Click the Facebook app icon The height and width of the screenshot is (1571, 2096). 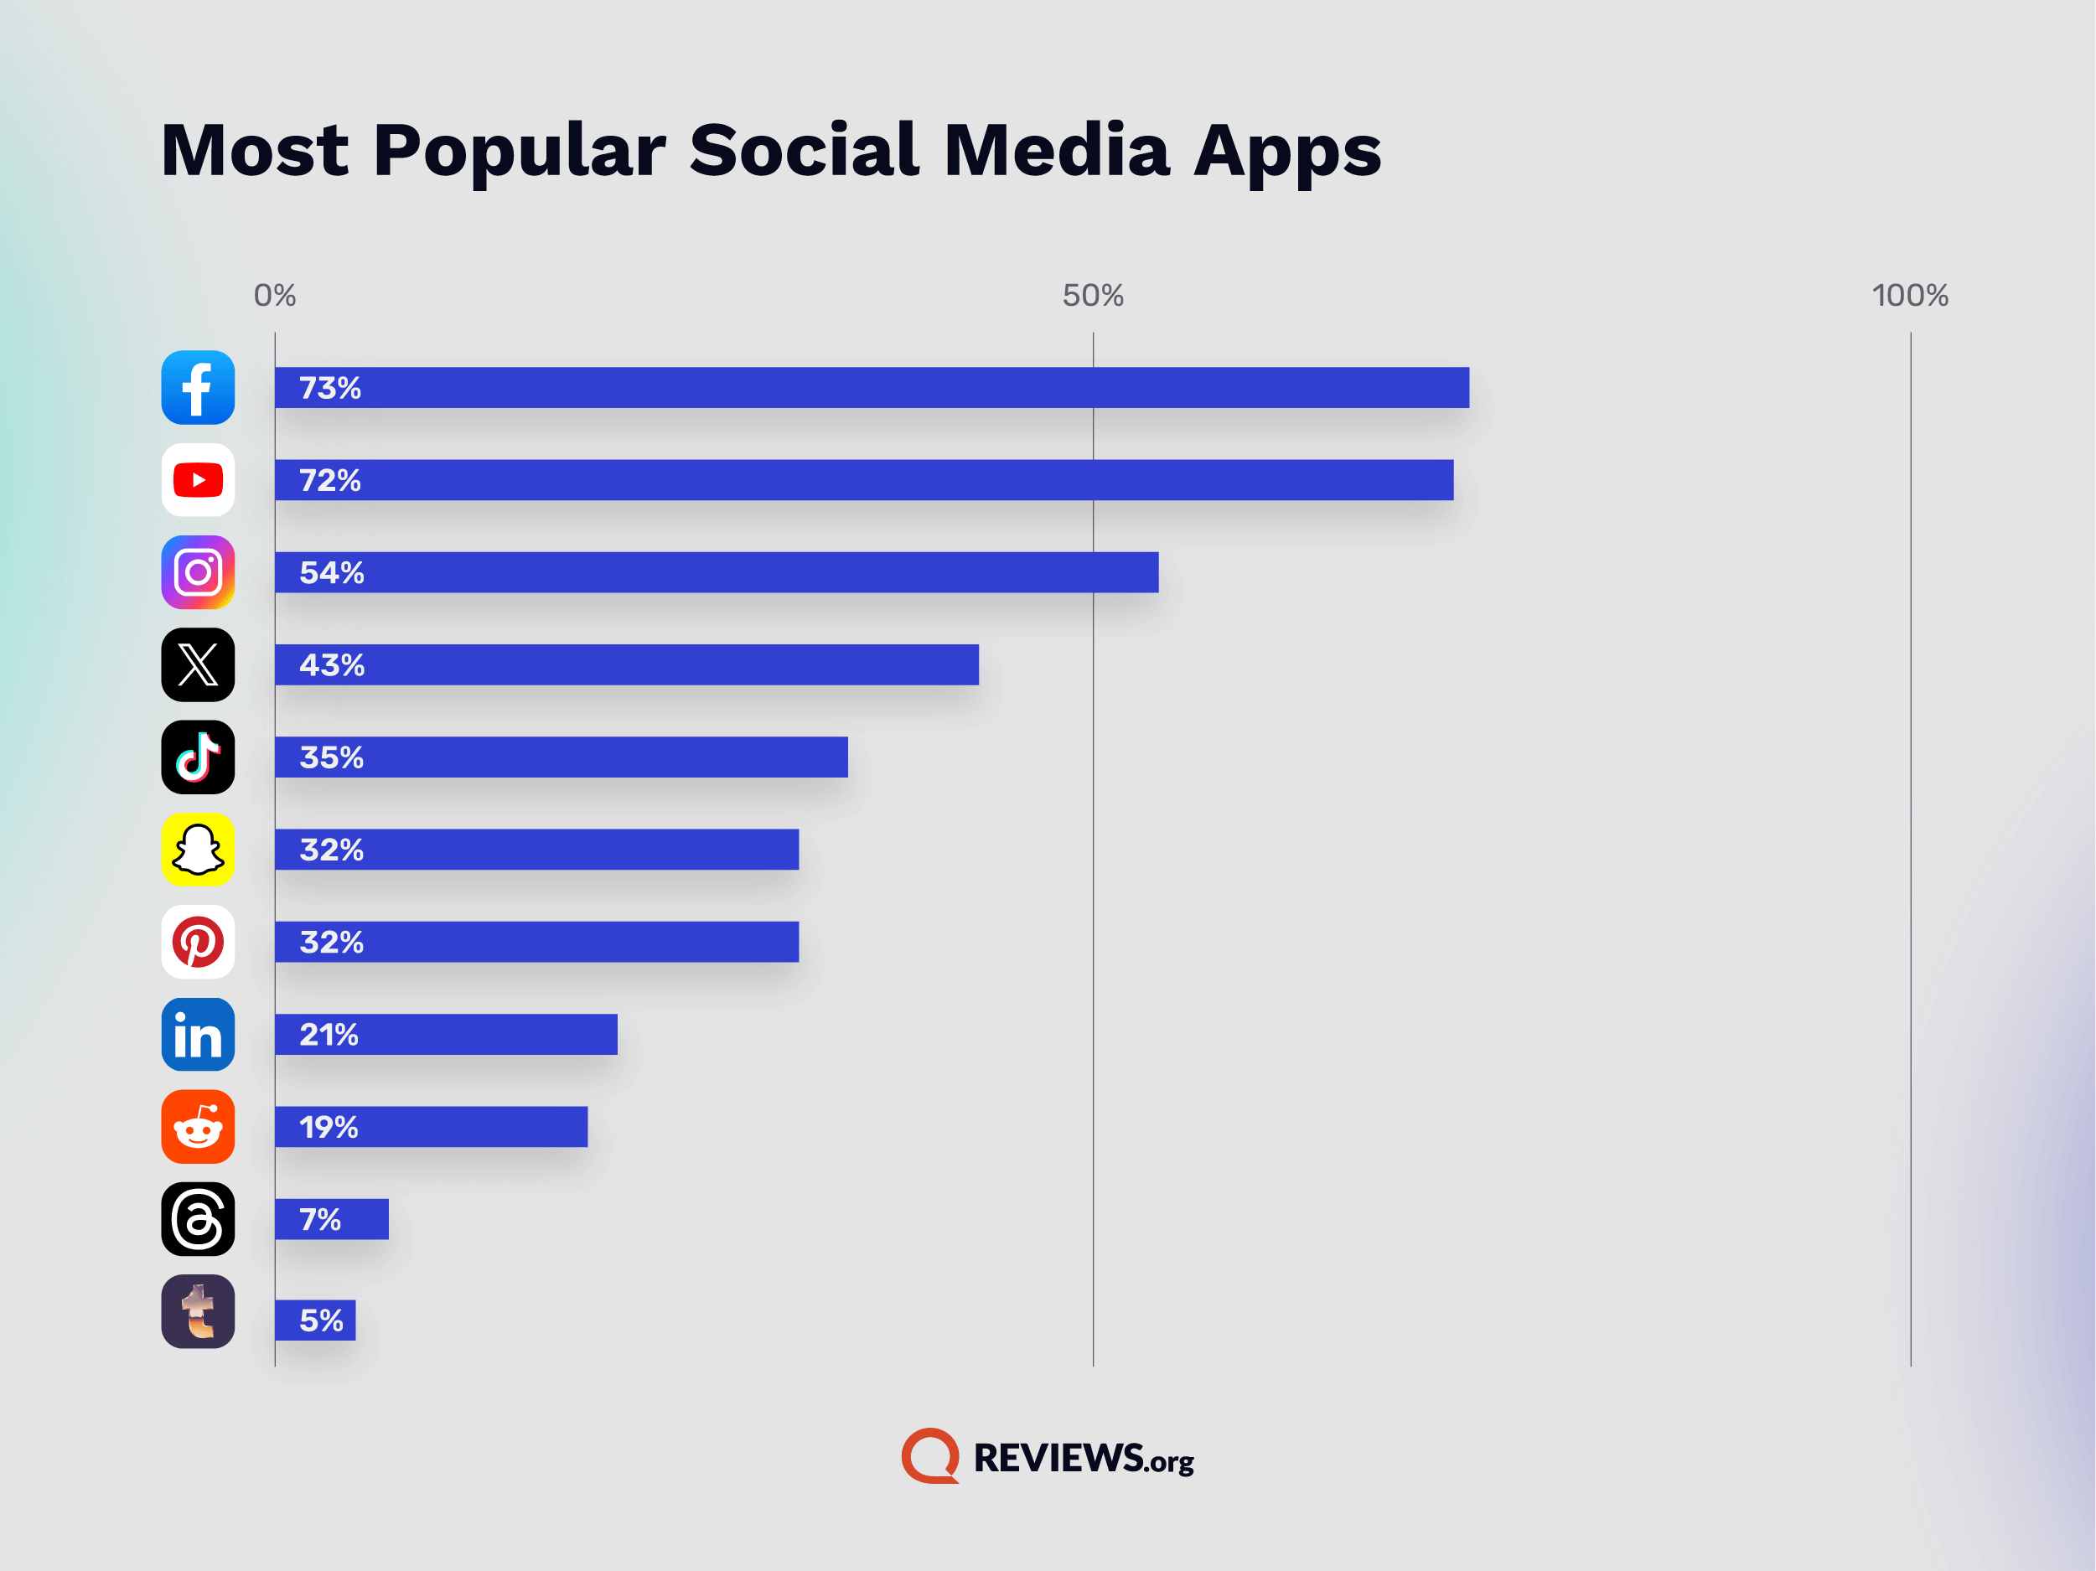click(x=198, y=388)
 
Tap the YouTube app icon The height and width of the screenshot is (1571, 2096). click(x=198, y=480)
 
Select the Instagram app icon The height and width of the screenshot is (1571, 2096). click(x=198, y=572)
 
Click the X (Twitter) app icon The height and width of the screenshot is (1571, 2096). click(x=198, y=665)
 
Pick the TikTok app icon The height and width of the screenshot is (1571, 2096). click(x=198, y=757)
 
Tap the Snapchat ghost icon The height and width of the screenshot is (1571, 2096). click(x=198, y=850)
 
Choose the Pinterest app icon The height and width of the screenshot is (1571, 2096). click(x=198, y=942)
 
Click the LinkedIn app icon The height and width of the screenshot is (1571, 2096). click(x=198, y=1035)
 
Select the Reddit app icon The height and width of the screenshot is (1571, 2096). click(x=198, y=1127)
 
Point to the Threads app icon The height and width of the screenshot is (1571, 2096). click(x=198, y=1219)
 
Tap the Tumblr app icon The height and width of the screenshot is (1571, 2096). click(x=198, y=1311)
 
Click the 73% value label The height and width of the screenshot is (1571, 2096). click(x=329, y=389)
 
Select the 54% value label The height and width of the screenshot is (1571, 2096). click(x=332, y=573)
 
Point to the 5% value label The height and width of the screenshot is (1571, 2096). click(x=321, y=1320)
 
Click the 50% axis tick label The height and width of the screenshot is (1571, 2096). click(x=1093, y=296)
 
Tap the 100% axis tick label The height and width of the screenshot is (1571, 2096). click(x=1910, y=296)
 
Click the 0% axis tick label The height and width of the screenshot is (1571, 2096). click(x=275, y=296)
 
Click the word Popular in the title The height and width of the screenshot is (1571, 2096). click(x=520, y=152)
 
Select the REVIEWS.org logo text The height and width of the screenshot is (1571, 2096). click(x=1083, y=1458)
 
